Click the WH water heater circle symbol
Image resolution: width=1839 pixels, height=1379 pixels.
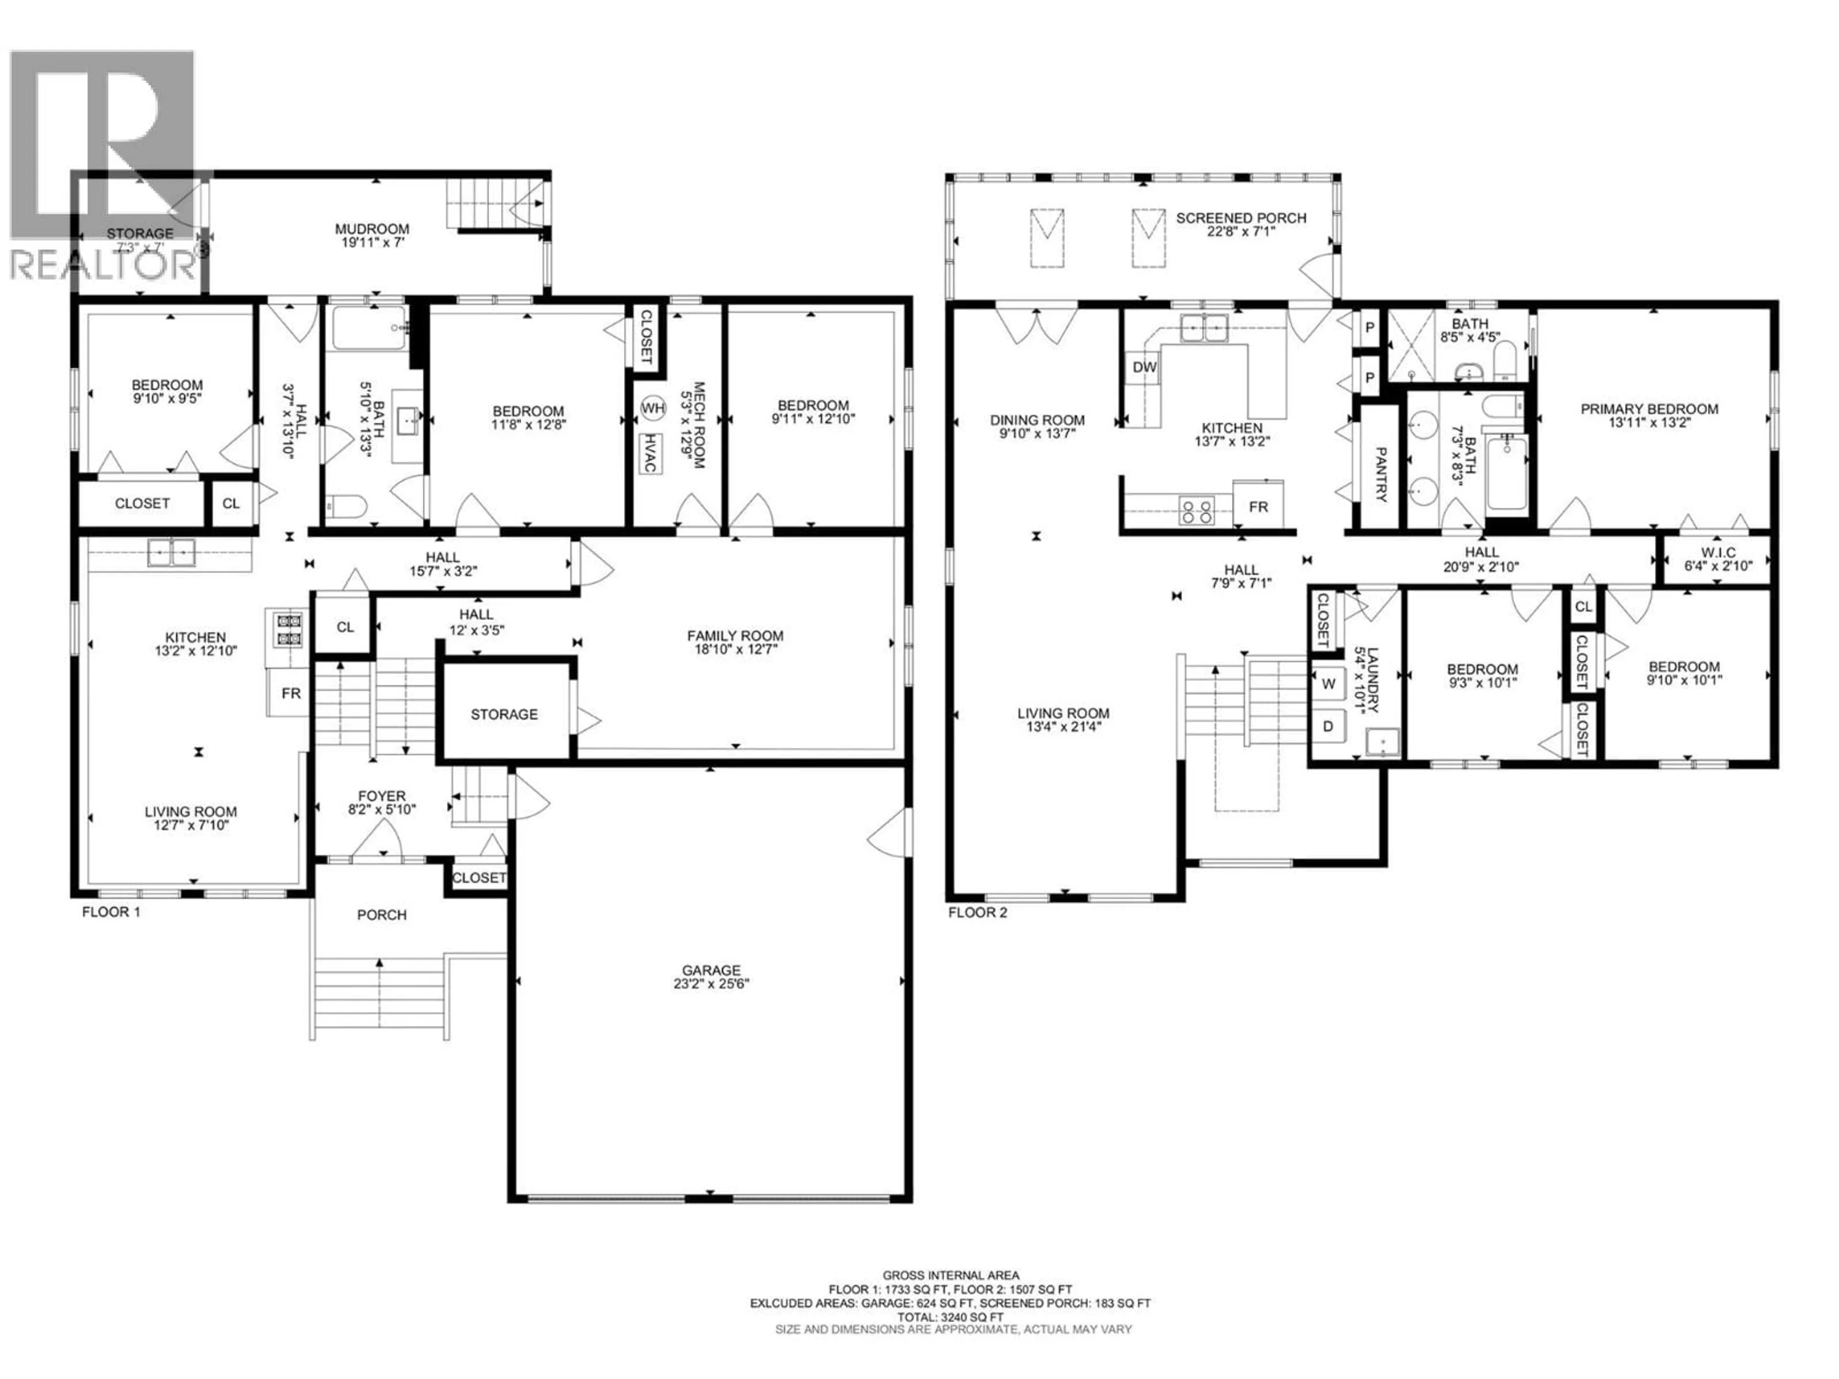pos(653,408)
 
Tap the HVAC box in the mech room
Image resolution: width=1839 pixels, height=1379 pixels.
pos(648,453)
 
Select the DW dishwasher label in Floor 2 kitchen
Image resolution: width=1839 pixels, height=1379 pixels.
pos(1144,367)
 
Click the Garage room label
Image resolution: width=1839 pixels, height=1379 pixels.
pos(711,970)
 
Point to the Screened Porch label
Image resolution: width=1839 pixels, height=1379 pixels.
pos(1240,218)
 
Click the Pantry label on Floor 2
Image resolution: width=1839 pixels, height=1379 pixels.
pos(1380,475)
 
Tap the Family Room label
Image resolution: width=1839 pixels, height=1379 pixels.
pos(735,636)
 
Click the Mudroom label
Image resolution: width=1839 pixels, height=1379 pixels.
pos(372,228)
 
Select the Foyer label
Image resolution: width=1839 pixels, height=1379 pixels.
pos(382,795)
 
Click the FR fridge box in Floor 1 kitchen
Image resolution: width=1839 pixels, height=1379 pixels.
pos(290,693)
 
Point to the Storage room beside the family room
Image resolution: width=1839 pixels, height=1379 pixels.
pos(504,714)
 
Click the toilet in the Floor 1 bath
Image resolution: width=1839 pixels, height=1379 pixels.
pos(347,505)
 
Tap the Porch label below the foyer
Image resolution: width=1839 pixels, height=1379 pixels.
pos(382,915)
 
